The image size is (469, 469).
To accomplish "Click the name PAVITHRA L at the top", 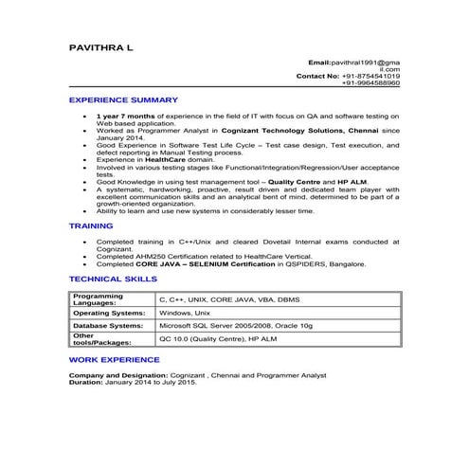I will [x=101, y=45].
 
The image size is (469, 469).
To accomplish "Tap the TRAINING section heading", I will [x=91, y=226].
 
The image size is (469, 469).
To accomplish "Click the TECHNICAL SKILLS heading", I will [x=108, y=280].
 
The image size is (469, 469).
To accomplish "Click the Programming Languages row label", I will [x=98, y=299].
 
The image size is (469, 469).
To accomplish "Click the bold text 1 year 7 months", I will [x=128, y=116].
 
